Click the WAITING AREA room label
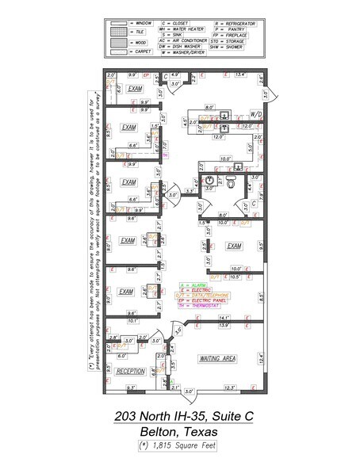[218, 358]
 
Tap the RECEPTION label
[130, 371]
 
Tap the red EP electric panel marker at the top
[147, 75]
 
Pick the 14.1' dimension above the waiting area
[224, 319]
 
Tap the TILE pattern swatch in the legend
[117, 32]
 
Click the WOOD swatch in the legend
[117, 41]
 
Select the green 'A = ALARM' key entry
[193, 284]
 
